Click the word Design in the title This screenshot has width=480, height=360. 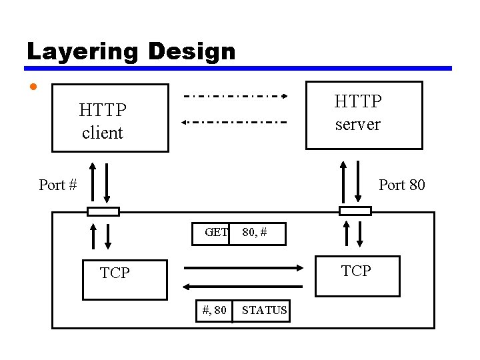[193, 51]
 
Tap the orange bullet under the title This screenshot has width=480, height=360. [33, 87]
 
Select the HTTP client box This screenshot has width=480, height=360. [110, 118]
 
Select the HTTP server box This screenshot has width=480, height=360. [364, 114]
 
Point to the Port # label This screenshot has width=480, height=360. [58, 185]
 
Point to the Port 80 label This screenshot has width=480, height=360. [401, 185]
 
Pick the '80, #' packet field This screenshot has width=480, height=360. [257, 233]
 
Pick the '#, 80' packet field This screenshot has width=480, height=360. [214, 310]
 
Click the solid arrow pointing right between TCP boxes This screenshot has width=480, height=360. [243, 268]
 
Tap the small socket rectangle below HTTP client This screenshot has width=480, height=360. [103, 211]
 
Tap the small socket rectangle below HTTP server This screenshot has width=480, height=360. [355, 211]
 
